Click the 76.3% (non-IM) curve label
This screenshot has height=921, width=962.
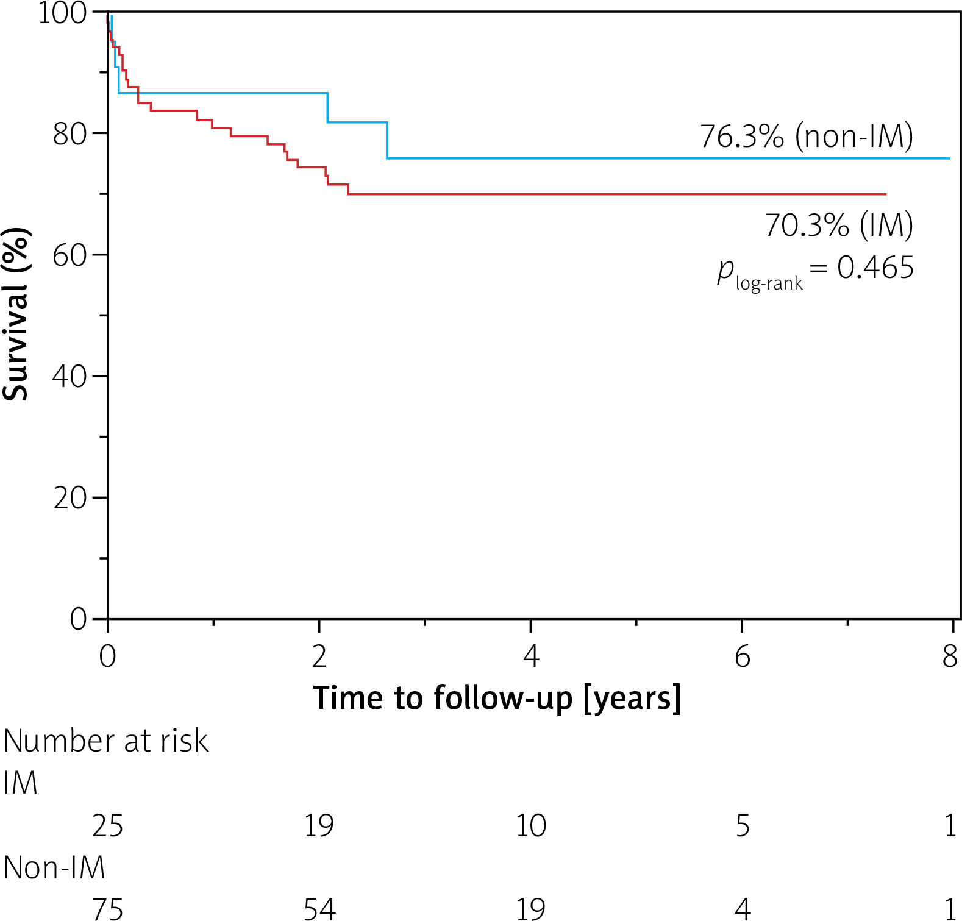(806, 136)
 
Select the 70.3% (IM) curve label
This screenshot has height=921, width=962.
(839, 225)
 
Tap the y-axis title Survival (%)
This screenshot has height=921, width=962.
(16, 315)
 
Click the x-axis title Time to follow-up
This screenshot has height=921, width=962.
(497, 698)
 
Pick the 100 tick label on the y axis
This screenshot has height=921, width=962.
(63, 13)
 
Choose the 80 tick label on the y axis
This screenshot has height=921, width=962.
(71, 134)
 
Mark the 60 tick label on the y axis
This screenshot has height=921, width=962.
(71, 255)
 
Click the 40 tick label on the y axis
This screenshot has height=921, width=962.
(71, 377)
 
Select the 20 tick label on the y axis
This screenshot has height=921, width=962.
(71, 498)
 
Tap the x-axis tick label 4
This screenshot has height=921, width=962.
(531, 656)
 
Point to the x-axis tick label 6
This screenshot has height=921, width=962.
(742, 656)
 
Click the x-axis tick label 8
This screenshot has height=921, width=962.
(950, 656)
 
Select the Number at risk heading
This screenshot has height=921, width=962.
(106, 741)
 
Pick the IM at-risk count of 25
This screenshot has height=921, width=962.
(107, 826)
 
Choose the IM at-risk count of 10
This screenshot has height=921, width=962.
(531, 826)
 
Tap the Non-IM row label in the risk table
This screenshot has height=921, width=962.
(54, 867)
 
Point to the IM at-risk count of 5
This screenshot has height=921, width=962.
(742, 826)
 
